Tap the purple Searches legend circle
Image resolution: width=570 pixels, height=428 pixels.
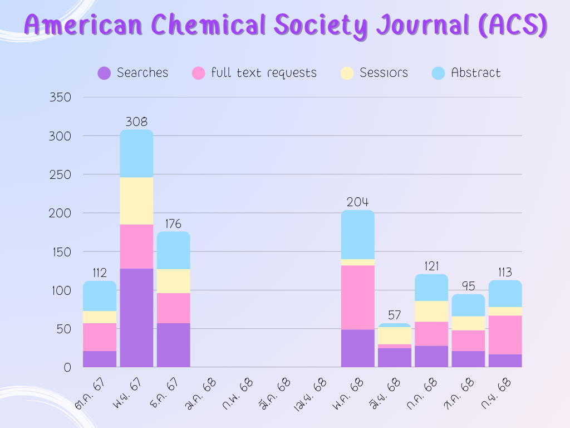tap(104, 73)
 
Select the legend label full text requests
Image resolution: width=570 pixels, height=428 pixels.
tap(263, 73)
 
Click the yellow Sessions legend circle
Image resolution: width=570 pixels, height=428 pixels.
tap(347, 73)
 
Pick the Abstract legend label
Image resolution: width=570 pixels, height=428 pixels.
tap(475, 73)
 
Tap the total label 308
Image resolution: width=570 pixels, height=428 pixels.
tap(136, 121)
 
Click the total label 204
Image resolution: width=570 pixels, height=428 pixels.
tap(357, 202)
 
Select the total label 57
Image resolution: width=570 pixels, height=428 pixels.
tap(394, 315)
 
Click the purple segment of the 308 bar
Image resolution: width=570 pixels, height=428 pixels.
tap(136, 318)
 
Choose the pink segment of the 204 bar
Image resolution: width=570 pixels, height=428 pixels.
tap(357, 298)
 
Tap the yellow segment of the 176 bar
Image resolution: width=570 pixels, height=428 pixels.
tap(173, 281)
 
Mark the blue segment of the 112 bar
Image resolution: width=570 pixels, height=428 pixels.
tap(100, 296)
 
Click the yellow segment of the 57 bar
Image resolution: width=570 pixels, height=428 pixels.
tap(394, 335)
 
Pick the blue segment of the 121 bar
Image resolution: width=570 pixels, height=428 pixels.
tap(431, 288)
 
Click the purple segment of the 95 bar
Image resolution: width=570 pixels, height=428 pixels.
tap(468, 359)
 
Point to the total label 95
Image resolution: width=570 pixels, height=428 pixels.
tap(468, 286)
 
